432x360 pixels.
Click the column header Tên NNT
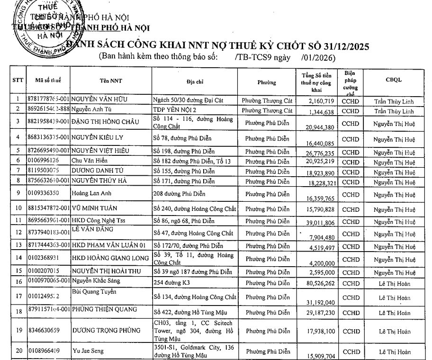click(111, 81)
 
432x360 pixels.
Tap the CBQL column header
click(394, 80)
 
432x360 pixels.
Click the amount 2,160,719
click(322, 101)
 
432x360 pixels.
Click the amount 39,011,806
click(319, 222)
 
